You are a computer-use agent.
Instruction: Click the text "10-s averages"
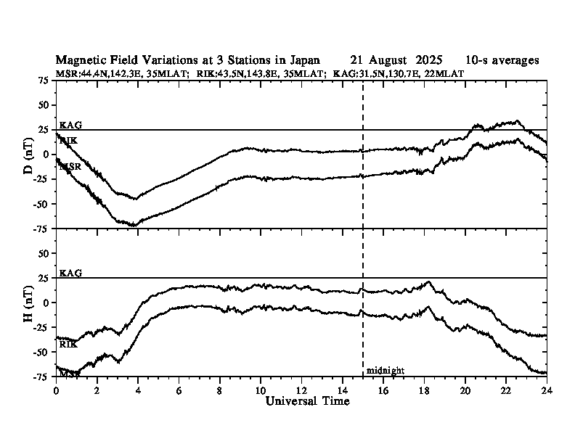pyautogui.click(x=502, y=60)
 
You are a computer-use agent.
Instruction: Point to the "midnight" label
pyautogui.click(x=385, y=371)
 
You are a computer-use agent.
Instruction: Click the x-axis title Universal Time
pyautogui.click(x=308, y=401)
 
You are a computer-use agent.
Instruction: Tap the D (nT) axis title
pyautogui.click(x=28, y=155)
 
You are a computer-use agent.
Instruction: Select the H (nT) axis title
pyautogui.click(x=28, y=302)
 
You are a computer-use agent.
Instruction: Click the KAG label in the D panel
pyautogui.click(x=70, y=126)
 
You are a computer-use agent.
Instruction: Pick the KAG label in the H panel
pyautogui.click(x=70, y=273)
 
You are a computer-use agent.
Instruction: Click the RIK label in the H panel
pyautogui.click(x=68, y=345)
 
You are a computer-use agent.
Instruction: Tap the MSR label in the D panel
pyautogui.click(x=70, y=167)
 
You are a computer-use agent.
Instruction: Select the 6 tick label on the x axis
pyautogui.click(x=179, y=390)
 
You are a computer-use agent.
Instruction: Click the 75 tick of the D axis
pyautogui.click(x=44, y=81)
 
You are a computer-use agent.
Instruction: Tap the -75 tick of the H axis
pyautogui.click(x=42, y=376)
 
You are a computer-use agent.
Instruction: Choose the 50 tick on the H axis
pyautogui.click(x=44, y=253)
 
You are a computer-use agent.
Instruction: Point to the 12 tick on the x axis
pyautogui.click(x=302, y=390)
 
